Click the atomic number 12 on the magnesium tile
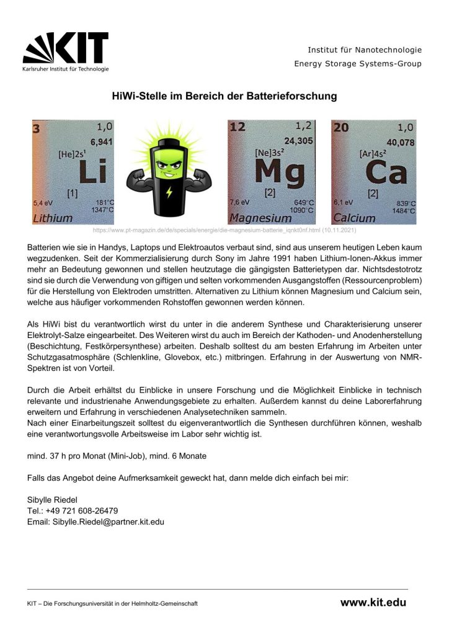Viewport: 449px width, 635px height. (x=238, y=128)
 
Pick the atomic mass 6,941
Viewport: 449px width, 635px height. (x=99, y=141)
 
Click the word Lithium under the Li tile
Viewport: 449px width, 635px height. (x=53, y=218)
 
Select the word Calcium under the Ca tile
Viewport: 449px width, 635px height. (x=354, y=218)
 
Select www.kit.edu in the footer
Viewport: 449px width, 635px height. (x=373, y=602)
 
